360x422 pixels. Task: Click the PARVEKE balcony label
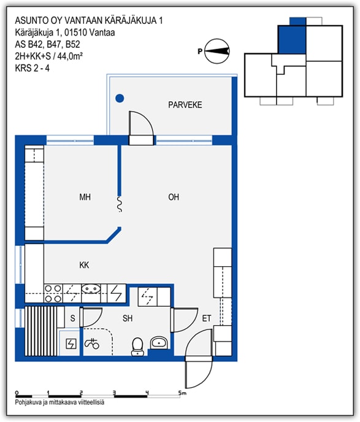(185, 105)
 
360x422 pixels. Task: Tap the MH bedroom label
(85, 197)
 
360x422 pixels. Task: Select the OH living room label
(174, 197)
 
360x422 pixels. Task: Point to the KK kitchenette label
(84, 265)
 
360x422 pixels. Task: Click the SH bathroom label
(128, 318)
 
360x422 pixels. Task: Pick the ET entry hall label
(206, 318)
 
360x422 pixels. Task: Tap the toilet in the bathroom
(137, 347)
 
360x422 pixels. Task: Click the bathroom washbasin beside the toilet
(159, 343)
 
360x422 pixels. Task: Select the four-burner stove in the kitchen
(53, 293)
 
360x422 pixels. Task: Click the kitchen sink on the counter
(91, 290)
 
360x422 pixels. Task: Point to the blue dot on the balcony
(120, 99)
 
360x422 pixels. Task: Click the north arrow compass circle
(217, 51)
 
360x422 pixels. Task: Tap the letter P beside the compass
(200, 51)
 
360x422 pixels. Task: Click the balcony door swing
(141, 123)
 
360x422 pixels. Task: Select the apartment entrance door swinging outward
(199, 374)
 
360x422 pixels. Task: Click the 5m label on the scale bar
(182, 393)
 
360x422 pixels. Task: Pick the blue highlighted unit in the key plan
(292, 37)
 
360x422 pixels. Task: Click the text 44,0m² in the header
(70, 56)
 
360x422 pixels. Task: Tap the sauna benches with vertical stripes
(41, 331)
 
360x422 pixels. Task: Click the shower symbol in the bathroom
(92, 343)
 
